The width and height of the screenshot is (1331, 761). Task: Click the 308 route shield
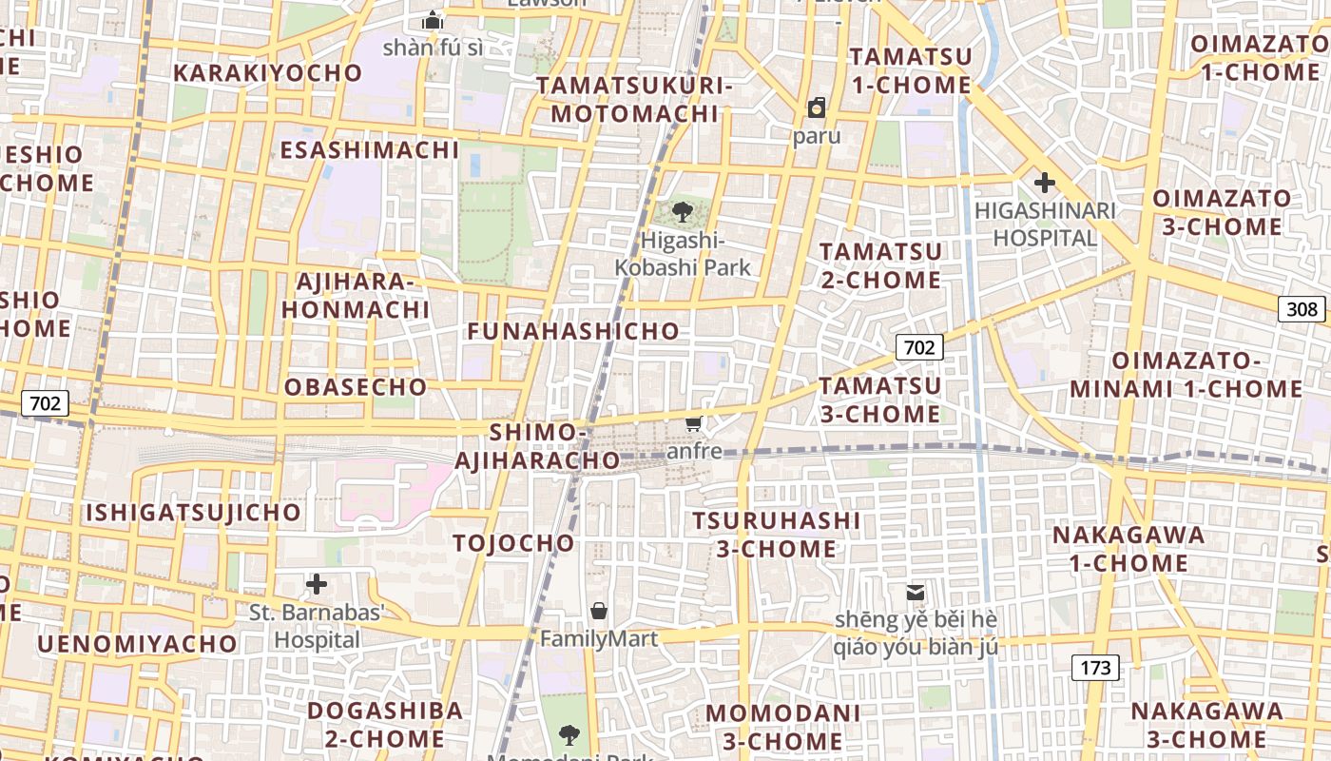(1302, 308)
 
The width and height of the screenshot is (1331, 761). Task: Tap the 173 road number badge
(1095, 668)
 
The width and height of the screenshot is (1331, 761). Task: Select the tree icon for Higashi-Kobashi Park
(682, 212)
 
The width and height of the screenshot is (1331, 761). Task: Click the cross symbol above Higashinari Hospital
(1045, 182)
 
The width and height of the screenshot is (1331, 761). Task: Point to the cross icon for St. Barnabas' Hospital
(317, 583)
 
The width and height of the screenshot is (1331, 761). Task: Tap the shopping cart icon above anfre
(694, 423)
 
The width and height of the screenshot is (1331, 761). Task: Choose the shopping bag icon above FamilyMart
(599, 610)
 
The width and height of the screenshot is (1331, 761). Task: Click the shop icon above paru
(816, 107)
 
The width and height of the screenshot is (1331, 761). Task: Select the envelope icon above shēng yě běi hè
(915, 592)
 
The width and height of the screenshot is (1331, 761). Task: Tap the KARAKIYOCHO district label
(268, 73)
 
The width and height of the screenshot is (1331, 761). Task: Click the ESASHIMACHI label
(369, 150)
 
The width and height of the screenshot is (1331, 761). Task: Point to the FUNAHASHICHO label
(573, 331)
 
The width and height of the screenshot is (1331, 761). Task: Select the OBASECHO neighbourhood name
(356, 387)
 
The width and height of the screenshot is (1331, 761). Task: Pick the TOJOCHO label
(513, 543)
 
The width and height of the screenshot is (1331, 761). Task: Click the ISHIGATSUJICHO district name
(194, 513)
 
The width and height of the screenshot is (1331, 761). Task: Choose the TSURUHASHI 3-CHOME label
(776, 535)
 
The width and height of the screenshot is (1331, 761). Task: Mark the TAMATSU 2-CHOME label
(880, 265)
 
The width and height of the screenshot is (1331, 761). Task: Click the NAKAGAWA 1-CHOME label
(1128, 549)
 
